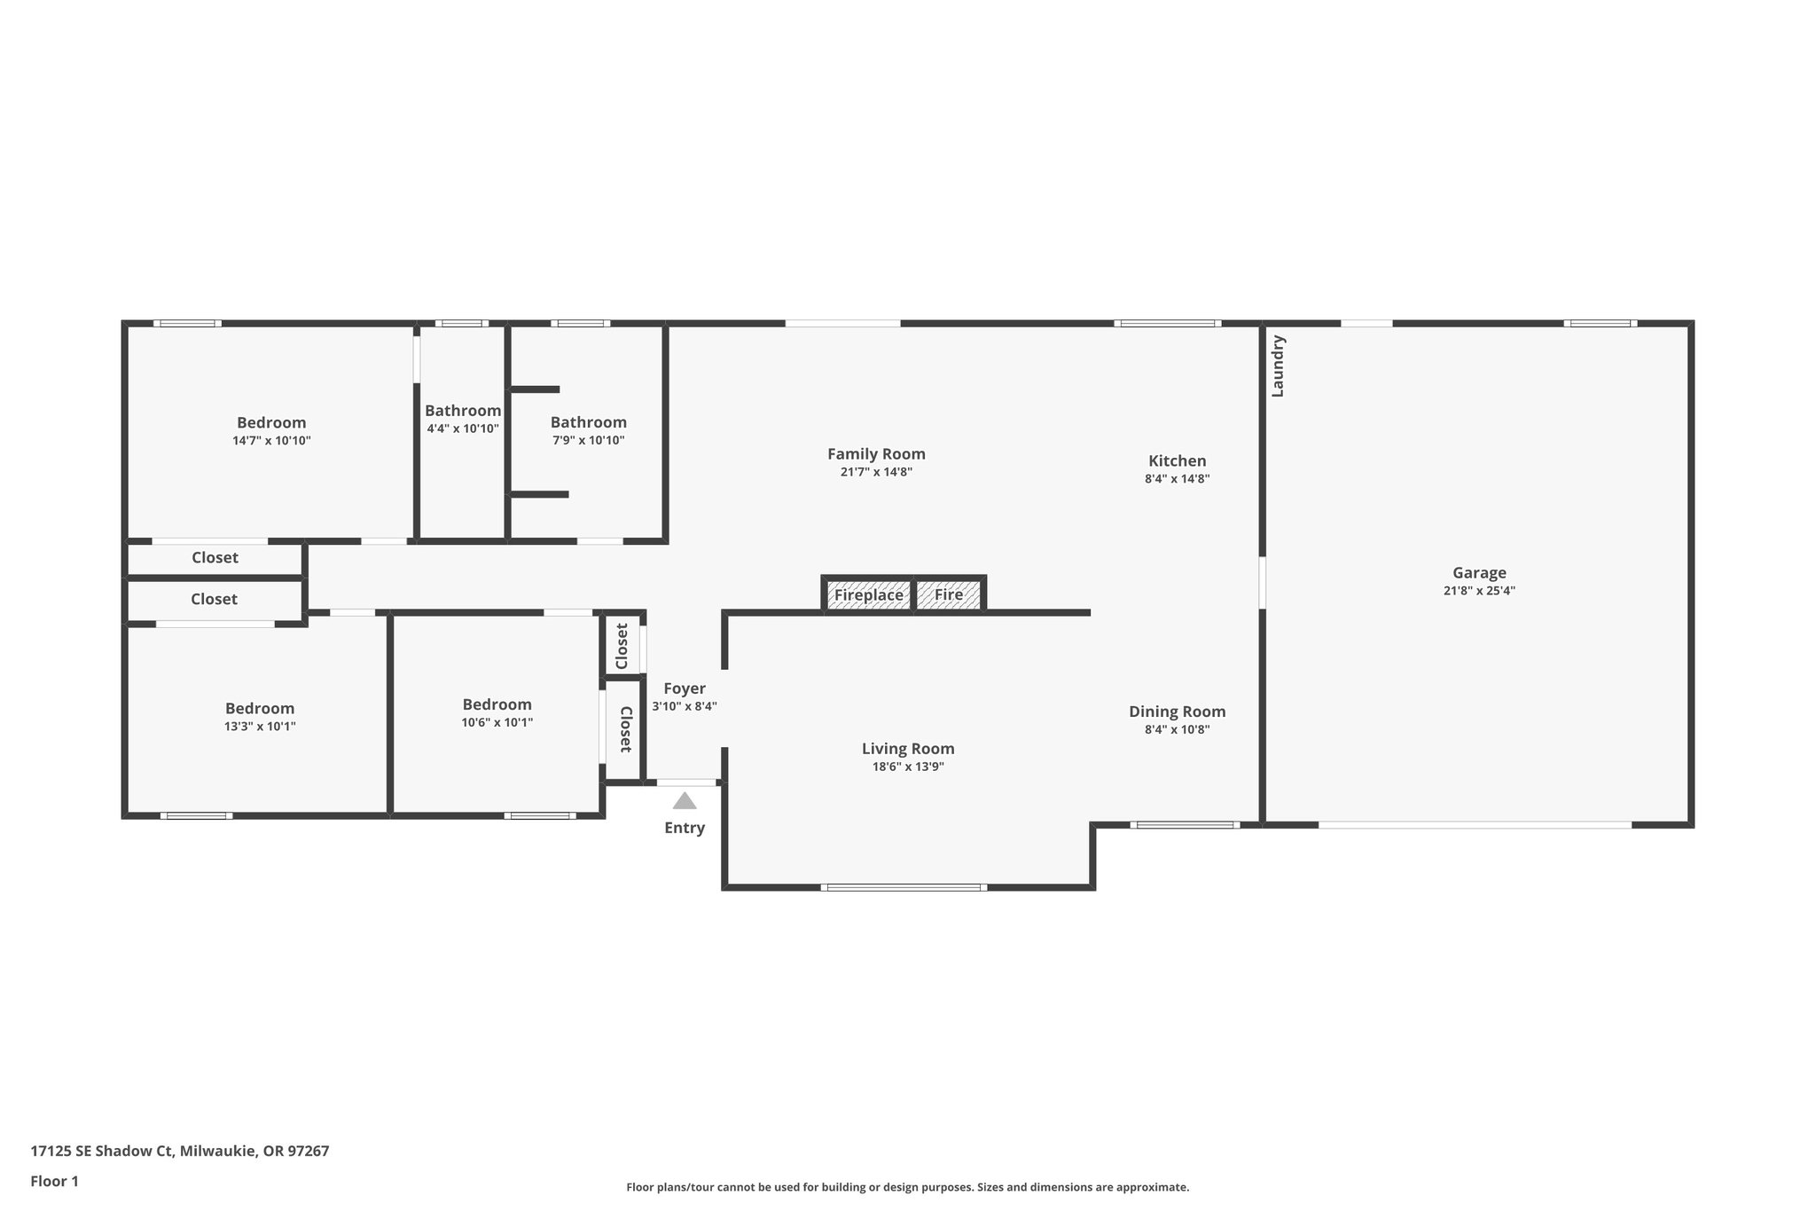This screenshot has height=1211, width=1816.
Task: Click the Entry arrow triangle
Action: (x=685, y=801)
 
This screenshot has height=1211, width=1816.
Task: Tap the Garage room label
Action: (x=1479, y=573)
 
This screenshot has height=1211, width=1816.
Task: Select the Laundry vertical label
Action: (x=1278, y=366)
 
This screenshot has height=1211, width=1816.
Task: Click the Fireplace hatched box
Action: (x=868, y=595)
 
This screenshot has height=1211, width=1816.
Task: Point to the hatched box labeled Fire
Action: (x=948, y=595)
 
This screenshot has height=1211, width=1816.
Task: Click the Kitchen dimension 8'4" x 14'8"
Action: (x=1177, y=479)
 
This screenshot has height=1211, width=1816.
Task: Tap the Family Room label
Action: (x=876, y=454)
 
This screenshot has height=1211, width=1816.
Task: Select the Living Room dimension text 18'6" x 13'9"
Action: (x=908, y=767)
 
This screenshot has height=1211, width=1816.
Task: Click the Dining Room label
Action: (x=1177, y=712)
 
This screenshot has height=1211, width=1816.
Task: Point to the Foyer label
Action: (x=685, y=688)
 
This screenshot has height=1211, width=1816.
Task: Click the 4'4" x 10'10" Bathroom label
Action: (x=463, y=411)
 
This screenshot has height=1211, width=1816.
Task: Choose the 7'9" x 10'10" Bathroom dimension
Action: (x=588, y=441)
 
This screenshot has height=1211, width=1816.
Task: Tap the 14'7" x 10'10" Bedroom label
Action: (x=271, y=423)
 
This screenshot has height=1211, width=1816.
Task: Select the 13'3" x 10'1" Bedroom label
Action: (x=260, y=709)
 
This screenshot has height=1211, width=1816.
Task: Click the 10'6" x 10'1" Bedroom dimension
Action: (x=497, y=723)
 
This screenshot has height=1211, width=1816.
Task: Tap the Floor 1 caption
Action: (x=54, y=1182)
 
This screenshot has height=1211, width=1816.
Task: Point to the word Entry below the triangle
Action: (x=685, y=828)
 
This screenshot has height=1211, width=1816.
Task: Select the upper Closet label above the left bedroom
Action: (x=215, y=558)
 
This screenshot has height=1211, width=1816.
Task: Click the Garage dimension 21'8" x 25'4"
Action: (x=1479, y=591)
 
